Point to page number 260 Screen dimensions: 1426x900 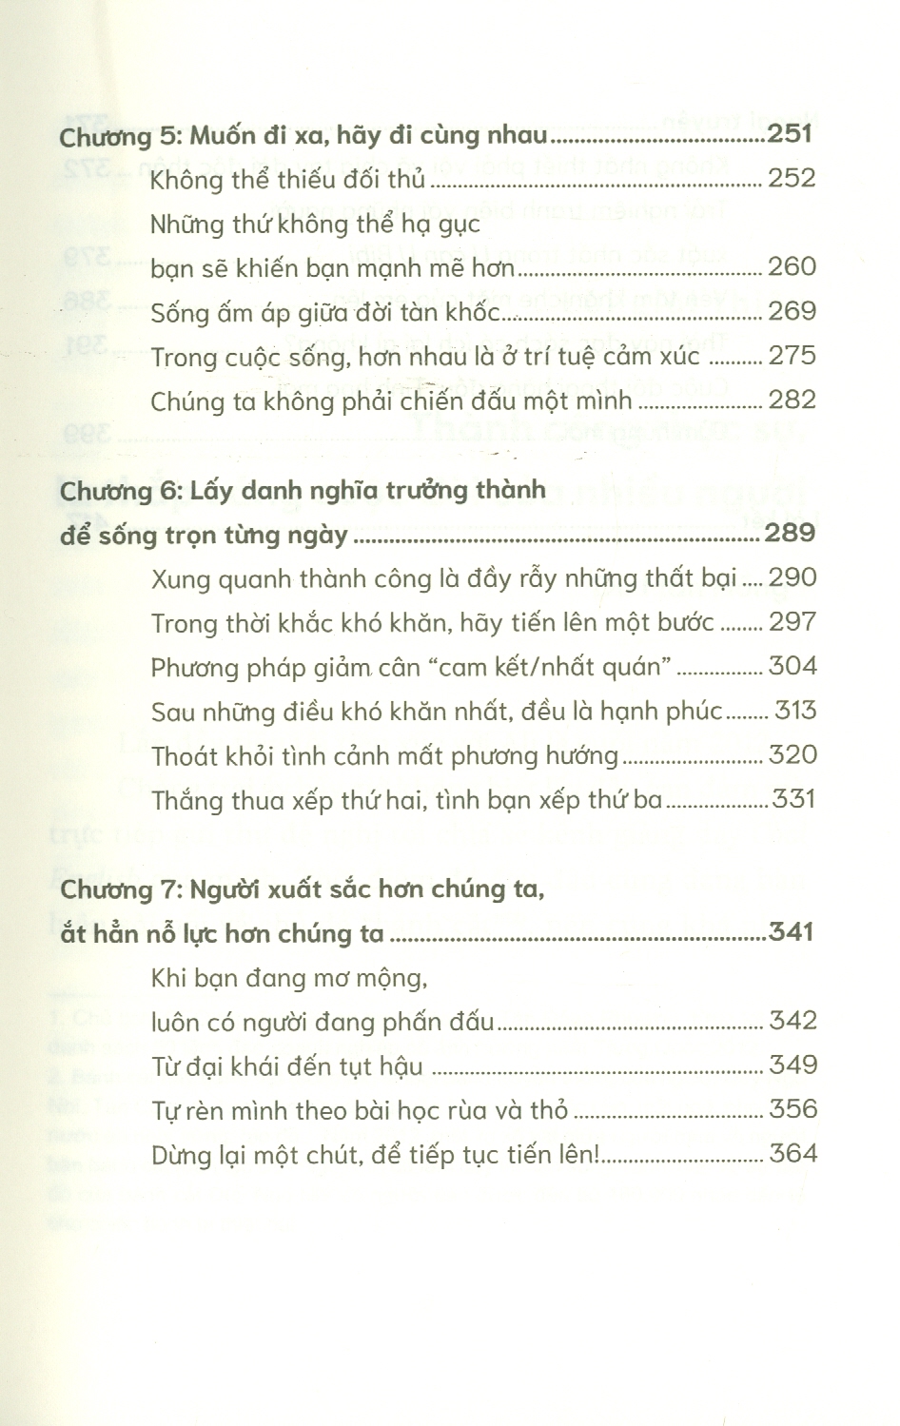click(x=792, y=266)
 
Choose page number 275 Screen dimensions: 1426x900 click(x=792, y=355)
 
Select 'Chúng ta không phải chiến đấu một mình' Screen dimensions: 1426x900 click(x=390, y=400)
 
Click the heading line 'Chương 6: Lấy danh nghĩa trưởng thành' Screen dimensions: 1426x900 click(x=303, y=491)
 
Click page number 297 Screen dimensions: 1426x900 click(x=792, y=621)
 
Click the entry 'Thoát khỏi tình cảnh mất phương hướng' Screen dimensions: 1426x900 click(x=384, y=755)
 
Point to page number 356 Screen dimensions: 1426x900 click(x=792, y=1109)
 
